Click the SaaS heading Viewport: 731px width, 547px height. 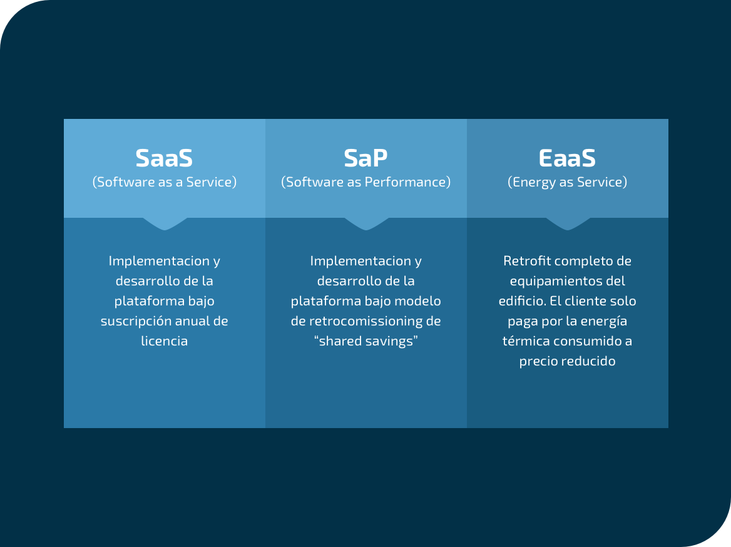tap(164, 158)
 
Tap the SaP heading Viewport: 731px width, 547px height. tap(365, 158)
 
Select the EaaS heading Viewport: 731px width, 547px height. tap(567, 158)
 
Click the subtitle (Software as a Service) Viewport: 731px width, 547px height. tap(164, 182)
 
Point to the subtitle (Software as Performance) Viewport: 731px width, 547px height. tap(365, 182)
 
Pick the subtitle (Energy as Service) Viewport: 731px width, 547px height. tap(567, 182)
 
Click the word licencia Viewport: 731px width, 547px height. tap(164, 341)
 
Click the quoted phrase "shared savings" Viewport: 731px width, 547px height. tap(366, 341)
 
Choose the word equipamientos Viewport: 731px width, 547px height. tap(551, 281)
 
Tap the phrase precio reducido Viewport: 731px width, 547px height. tap(567, 361)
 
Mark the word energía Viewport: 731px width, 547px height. tap(604, 322)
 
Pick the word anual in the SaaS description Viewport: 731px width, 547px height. tap(190, 321)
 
